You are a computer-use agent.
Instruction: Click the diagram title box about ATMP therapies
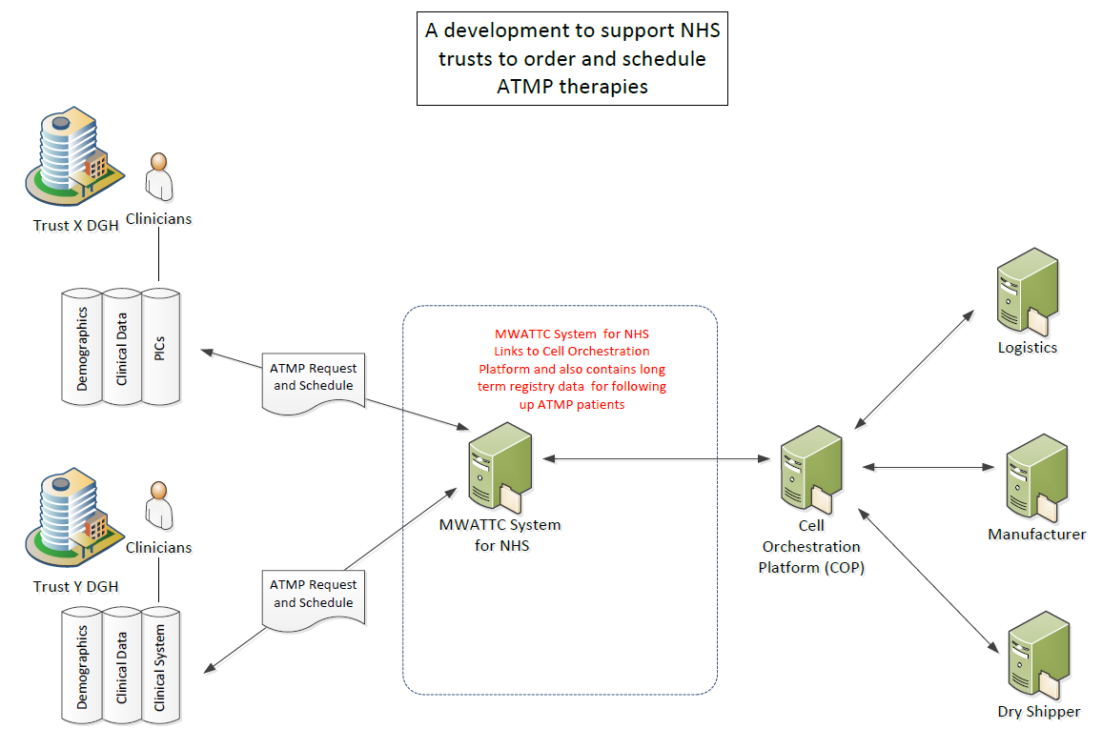tap(572, 59)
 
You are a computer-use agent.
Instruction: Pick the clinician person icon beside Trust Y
tap(158, 505)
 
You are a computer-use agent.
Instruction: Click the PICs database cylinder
tap(160, 345)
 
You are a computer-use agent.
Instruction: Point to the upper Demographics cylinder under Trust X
tap(82, 345)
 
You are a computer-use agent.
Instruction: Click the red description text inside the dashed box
tap(572, 370)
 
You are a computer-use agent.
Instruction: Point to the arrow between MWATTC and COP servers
tap(658, 459)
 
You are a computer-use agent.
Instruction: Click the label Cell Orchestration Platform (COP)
tap(809, 547)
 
